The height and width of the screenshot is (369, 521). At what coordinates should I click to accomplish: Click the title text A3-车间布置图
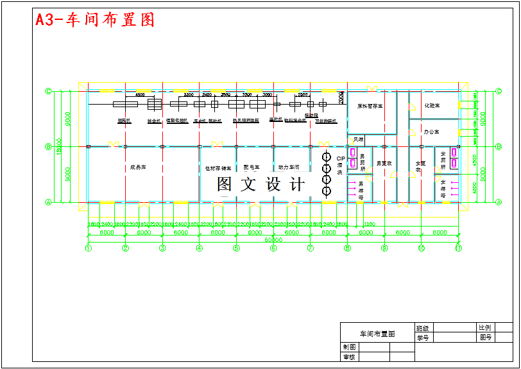point(95,20)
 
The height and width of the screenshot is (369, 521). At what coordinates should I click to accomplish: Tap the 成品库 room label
point(137,167)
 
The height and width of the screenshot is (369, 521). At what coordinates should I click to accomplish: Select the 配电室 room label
point(252,167)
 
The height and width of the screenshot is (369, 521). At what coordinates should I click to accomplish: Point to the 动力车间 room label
point(289,167)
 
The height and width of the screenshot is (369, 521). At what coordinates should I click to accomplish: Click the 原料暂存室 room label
point(370,106)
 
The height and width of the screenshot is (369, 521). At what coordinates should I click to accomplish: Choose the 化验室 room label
point(432,105)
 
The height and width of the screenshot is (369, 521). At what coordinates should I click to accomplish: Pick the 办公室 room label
point(431,132)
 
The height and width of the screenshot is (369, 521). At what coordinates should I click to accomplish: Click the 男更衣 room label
point(384,163)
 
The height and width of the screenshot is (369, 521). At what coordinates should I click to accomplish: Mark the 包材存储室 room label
point(218,168)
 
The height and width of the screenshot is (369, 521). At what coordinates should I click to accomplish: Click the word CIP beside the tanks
point(341,158)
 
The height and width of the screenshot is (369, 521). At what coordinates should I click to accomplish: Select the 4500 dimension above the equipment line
point(140,95)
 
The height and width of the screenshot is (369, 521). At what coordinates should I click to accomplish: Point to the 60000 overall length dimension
point(273,240)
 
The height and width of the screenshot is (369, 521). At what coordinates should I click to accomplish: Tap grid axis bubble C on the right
point(499,91)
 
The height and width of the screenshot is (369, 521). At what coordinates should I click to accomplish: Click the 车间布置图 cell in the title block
point(377,334)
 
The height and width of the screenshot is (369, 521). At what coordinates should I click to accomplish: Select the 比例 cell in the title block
point(484,328)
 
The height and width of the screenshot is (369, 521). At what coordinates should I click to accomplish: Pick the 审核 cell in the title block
point(349,357)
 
